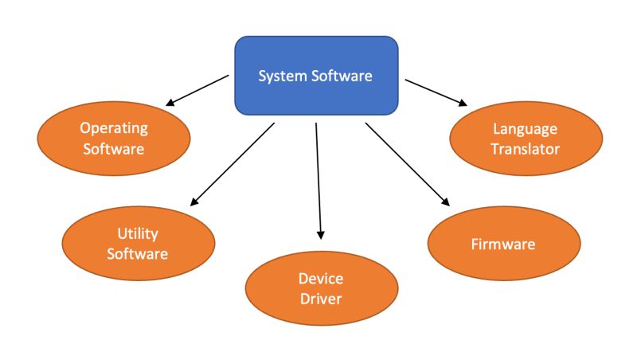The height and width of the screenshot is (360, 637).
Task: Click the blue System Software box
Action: coord(316,76)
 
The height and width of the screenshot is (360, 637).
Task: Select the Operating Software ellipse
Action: coord(114,138)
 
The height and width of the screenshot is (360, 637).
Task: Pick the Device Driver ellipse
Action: coord(321,288)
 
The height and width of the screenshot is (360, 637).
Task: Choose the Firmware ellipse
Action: coord(502,244)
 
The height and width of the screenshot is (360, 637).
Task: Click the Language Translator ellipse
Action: coord(526,138)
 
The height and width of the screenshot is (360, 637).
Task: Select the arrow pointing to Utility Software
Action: coord(233,164)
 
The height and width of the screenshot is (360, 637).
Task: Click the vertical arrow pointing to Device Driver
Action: coord(318,179)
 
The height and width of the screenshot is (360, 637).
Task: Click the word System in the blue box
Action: coord(279,76)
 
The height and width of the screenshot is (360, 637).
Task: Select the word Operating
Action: coord(114,127)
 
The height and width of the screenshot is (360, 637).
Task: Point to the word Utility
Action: coord(138,233)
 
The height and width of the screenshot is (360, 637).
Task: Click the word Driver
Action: coord(321,299)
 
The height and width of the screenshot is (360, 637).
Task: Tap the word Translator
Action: coord(526,148)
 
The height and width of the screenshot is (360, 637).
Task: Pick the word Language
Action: coord(526,127)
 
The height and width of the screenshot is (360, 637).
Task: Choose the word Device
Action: coord(321,278)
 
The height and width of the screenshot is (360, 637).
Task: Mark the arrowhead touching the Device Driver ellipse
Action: coord(321,234)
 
